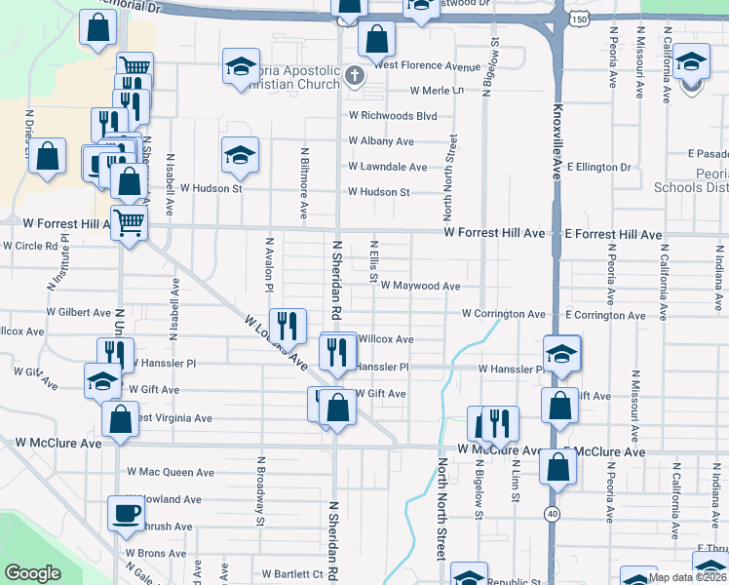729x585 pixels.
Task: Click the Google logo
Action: (32, 573)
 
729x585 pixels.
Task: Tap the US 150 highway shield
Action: (580, 19)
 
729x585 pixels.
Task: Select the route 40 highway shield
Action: (552, 514)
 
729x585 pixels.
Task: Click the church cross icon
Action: (354, 75)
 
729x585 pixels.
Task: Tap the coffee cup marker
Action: (125, 513)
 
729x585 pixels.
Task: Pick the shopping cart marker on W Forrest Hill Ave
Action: (129, 222)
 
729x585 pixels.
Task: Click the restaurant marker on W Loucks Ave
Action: (286, 325)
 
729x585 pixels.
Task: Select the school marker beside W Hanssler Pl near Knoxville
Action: (562, 354)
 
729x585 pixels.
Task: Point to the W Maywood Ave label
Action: (420, 287)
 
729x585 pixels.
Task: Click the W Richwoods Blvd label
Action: (393, 115)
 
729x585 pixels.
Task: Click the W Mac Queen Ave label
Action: (171, 473)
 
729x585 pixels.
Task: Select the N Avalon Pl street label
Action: (269, 263)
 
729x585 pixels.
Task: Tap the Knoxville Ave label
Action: (557, 140)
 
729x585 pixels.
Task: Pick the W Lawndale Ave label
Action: (388, 167)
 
